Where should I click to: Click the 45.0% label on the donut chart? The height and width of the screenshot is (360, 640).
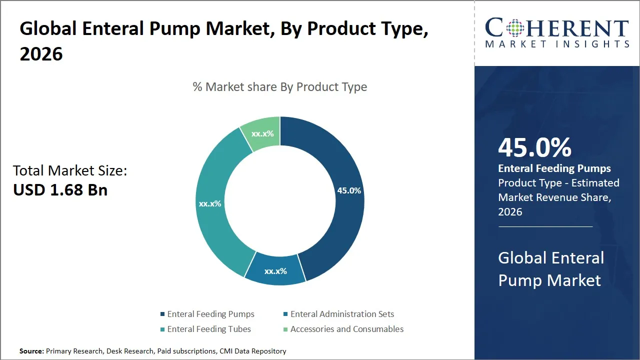point(349,190)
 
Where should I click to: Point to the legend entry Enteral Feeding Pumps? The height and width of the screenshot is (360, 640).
point(210,314)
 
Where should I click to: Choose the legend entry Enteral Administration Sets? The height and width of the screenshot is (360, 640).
point(342,314)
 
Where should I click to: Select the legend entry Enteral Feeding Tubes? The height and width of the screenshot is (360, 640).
point(209,329)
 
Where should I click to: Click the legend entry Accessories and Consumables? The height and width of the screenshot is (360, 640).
point(346,329)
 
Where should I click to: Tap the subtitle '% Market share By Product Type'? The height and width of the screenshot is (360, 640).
point(280,87)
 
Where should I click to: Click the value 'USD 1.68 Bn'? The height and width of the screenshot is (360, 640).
point(60,190)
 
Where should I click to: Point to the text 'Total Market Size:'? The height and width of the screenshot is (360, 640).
point(70,171)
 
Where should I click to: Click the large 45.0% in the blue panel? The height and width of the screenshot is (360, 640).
point(534,148)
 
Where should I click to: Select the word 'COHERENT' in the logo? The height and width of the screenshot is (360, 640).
point(557,28)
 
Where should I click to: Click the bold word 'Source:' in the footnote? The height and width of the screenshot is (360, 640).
point(31,351)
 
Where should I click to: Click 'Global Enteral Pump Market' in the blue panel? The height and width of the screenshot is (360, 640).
point(551,269)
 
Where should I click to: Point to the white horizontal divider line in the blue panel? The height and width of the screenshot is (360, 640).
point(545,226)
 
